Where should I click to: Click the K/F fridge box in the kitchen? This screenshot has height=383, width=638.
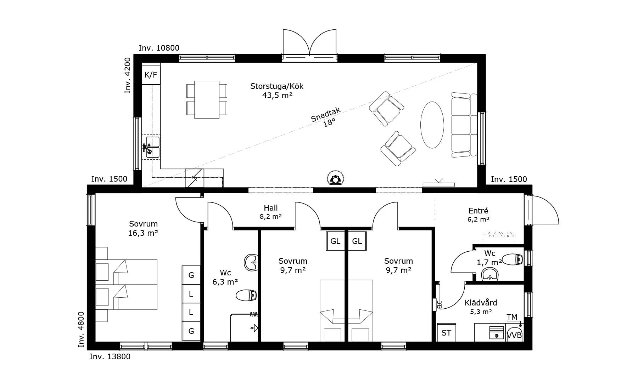(151, 75)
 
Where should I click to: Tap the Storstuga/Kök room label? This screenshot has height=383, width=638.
(277, 91)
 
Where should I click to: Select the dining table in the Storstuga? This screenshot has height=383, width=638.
(207, 99)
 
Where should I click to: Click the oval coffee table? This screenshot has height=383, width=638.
(432, 125)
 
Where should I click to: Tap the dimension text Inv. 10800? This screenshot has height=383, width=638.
(159, 48)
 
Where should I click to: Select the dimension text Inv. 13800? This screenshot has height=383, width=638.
(110, 356)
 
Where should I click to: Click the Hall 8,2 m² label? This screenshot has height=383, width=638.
(270, 212)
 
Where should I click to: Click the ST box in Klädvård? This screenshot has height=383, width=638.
(446, 333)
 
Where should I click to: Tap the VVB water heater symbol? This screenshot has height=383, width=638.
(514, 334)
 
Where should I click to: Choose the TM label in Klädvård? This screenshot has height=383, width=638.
(512, 317)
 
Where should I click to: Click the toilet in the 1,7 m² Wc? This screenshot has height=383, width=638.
(513, 259)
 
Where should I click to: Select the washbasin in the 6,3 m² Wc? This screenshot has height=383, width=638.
(252, 262)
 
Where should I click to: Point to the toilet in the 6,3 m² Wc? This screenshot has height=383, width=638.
(246, 295)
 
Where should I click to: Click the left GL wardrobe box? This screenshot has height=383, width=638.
(335, 241)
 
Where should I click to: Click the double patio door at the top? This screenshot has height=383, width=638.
(309, 45)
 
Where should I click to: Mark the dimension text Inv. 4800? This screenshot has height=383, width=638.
(81, 329)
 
